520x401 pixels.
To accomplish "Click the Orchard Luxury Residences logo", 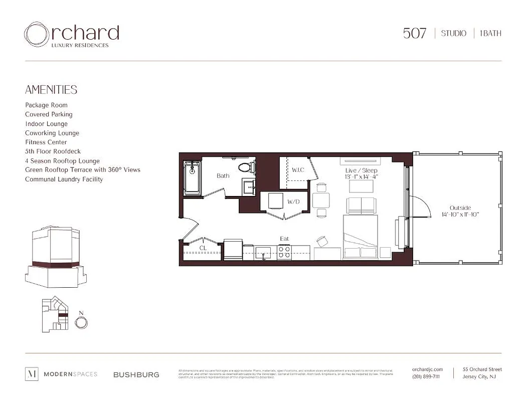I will (71, 35).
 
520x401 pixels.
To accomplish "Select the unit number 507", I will (414, 34).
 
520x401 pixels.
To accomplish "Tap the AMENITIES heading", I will (51, 90).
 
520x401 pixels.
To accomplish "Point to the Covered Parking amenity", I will (49, 114).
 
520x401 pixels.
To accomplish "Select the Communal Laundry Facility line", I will (64, 179).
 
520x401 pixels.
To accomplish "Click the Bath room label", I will (223, 176).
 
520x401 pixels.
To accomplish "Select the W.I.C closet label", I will (297, 170).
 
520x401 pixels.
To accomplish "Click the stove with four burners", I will (285, 251).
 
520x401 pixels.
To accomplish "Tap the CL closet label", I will (203, 248).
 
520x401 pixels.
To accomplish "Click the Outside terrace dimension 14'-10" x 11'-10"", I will (460, 215).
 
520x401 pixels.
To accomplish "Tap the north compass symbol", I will (81, 322).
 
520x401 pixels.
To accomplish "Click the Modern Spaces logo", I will (61, 374).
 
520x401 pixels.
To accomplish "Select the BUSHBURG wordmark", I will (136, 374).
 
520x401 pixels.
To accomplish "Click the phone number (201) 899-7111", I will (426, 377).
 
